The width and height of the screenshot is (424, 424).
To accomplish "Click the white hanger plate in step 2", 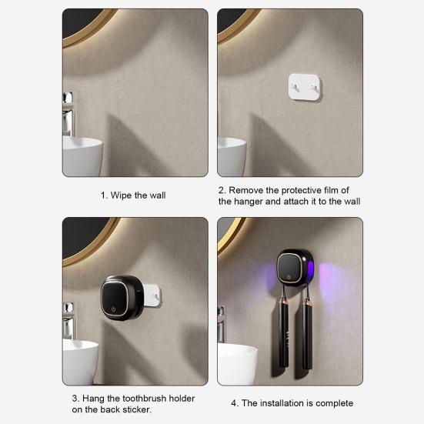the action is pos(305,87).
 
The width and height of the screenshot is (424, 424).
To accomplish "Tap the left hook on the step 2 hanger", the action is pos(294,88).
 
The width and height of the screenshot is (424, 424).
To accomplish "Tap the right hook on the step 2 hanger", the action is pos(314,88).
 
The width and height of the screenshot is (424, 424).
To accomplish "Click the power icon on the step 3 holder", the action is pos(113,309).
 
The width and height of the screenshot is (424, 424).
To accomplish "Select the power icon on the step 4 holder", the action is pos(289,277).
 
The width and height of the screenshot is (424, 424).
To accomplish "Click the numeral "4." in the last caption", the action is pos(235,403).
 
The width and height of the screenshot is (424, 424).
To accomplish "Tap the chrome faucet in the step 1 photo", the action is pos(68,114).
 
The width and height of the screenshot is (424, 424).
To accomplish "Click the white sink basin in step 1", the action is pos(82,156).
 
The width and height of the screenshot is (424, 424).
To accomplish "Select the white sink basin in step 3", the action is pos(80,362).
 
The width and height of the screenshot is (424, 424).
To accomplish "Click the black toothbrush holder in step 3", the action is pos(122,298).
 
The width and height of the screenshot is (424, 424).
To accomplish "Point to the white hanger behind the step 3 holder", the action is pos(152,295).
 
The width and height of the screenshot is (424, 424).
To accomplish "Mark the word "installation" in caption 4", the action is pos(282,403).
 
